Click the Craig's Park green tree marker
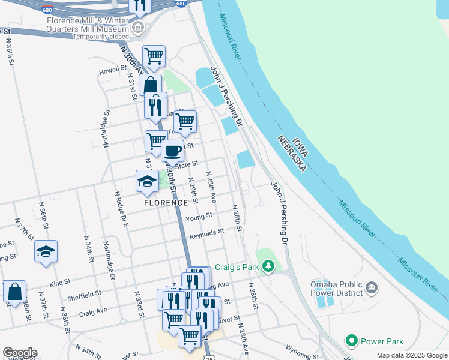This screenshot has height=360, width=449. click(268, 266)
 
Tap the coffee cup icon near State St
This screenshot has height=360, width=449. click(173, 151)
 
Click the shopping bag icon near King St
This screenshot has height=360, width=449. click(14, 292)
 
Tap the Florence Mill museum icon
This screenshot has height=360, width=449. click(139, 28)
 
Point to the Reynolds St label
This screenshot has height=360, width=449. click(206, 231)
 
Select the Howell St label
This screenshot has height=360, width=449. click(112, 71)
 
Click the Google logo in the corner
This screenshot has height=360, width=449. click(20, 353)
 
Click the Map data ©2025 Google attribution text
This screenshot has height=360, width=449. click(412, 355)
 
